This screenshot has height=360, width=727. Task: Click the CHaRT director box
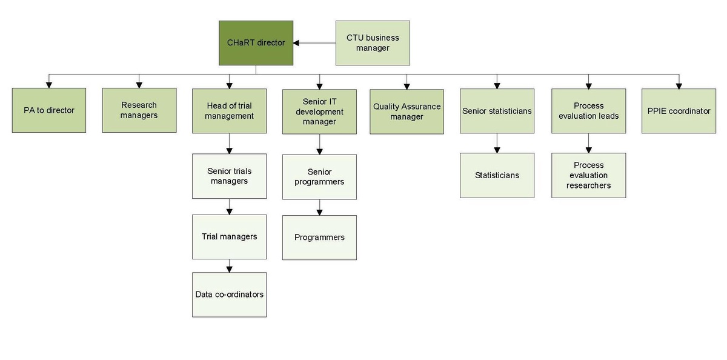(256, 43)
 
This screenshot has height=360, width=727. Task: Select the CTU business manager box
(373, 43)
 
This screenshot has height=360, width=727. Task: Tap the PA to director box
(49, 110)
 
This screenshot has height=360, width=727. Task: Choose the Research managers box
(139, 110)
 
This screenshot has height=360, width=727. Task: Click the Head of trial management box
(229, 111)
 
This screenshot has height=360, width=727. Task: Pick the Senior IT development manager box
(319, 112)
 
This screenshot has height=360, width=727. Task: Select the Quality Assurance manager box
(407, 112)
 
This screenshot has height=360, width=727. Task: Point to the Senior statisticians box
(497, 111)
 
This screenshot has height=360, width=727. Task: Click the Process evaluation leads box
(588, 111)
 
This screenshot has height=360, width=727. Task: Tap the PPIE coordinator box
(679, 111)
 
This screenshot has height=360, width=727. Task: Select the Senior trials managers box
(229, 176)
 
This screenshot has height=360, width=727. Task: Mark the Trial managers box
(229, 236)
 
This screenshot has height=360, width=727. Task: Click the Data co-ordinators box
(229, 295)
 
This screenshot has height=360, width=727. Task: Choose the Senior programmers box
(319, 176)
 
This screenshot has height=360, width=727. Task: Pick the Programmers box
(319, 237)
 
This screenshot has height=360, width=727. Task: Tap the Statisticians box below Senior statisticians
(497, 175)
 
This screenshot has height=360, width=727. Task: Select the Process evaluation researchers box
(588, 175)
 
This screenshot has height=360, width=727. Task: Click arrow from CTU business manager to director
(314, 43)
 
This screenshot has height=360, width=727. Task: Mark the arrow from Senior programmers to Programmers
(319, 207)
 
